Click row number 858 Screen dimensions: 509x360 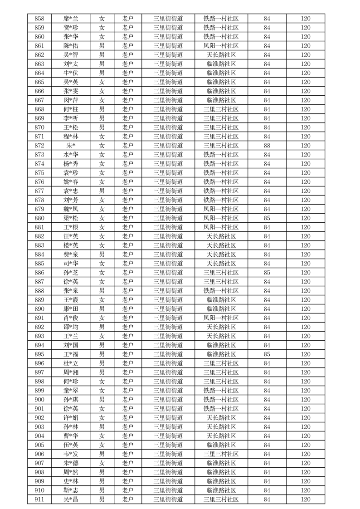[39, 19]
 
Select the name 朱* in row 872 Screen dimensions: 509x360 [71, 146]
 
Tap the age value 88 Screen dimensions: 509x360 [267, 146]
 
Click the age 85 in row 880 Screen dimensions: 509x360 [267, 218]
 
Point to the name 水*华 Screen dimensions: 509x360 [71, 155]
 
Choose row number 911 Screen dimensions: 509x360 [39, 499]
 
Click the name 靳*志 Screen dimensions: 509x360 [71, 490]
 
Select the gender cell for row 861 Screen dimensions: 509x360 [102, 46]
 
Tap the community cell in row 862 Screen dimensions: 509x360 [221, 55]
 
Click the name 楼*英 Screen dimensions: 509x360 [71, 245]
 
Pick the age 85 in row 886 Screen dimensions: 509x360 [267, 273]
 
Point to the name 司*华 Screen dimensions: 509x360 [71, 264]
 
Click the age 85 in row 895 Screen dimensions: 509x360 [267, 354]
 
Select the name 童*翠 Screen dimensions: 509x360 [71, 391]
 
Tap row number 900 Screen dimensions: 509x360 [39, 400]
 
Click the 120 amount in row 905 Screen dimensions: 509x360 [306, 445]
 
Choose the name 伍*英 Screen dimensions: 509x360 [71, 445]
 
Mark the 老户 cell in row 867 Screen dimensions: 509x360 [127, 100]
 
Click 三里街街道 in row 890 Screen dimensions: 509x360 [168, 309]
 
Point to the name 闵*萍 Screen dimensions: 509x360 [71, 100]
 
